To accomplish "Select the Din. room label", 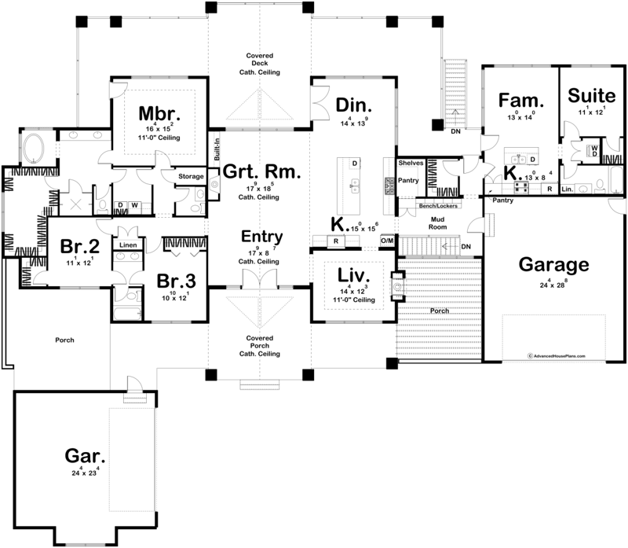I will pos(353,105).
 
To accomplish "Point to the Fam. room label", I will pos(521,100).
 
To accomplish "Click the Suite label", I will pos(591,96).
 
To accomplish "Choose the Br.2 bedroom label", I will pos(78,247).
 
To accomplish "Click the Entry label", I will pos(261,237).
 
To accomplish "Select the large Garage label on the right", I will pos(553,263).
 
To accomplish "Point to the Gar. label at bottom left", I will pos(86,456).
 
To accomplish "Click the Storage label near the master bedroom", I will pos(191,176).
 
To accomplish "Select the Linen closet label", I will pos(127,245).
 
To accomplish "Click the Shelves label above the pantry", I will pos(411,163).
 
